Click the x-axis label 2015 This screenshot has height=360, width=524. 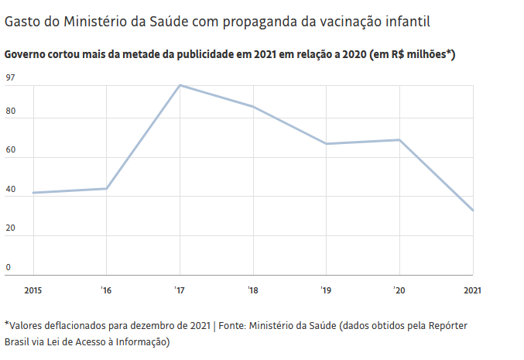pos(33,290)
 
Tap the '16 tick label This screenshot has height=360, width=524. pos(105,290)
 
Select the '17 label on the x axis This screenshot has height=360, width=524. pos(179,290)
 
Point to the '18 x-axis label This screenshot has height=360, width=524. pos(252,290)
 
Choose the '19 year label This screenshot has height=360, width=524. pos(326,290)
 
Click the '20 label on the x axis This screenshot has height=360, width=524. pos(399,290)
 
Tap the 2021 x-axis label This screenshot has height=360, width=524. pos(472,290)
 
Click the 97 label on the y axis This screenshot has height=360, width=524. pos(10,77)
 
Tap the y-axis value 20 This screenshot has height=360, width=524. pos(10,229)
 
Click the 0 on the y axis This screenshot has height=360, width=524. pos(9,268)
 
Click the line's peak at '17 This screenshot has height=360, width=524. pos(180,85)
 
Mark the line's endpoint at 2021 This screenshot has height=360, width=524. pos(472,210)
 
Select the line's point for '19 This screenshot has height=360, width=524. pos(326,144)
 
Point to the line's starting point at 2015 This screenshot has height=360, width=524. pos(33,193)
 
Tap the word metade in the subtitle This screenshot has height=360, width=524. pos(139,54)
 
